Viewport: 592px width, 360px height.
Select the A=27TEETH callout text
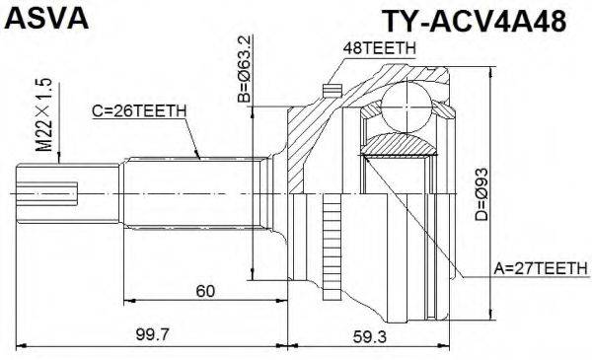[539, 267]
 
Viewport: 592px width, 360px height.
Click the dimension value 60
[205, 291]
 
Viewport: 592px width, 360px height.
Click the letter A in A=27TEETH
[498, 267]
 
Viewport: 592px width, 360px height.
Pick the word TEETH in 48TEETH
[389, 46]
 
